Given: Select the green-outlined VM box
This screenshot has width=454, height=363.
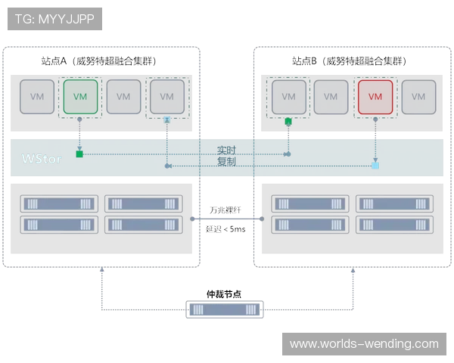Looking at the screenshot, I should (x=80, y=97).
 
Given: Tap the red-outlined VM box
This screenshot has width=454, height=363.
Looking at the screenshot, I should (x=375, y=97).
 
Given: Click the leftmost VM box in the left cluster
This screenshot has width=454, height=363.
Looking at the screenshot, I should (x=37, y=97).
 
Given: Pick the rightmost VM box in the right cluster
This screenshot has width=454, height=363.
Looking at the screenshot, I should (x=418, y=97).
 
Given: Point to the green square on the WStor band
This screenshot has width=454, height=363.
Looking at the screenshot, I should (x=79, y=154).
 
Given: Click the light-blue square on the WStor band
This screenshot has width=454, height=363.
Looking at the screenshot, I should (x=375, y=165).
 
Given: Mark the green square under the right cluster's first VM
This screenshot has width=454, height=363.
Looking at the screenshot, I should (x=288, y=121).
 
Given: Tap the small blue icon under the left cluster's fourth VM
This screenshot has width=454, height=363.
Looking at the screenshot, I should (x=166, y=119).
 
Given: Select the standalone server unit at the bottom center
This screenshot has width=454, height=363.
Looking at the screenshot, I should (x=224, y=309).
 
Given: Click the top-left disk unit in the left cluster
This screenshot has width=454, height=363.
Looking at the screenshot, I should (x=60, y=203).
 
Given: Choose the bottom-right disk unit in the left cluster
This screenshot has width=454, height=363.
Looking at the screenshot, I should (x=143, y=225).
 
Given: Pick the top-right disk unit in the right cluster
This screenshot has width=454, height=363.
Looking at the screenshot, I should (x=394, y=203).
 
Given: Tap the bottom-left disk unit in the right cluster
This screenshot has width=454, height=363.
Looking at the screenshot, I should (x=310, y=225).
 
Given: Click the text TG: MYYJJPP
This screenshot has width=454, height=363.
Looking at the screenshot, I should (x=54, y=19).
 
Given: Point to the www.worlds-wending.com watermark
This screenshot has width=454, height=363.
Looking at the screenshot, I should (x=364, y=344).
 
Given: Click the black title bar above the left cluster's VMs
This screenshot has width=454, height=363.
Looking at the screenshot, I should (x=97, y=60).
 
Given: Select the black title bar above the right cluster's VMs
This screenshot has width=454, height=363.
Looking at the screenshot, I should (x=350, y=60).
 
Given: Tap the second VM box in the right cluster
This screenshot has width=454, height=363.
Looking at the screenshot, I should (x=331, y=97).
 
